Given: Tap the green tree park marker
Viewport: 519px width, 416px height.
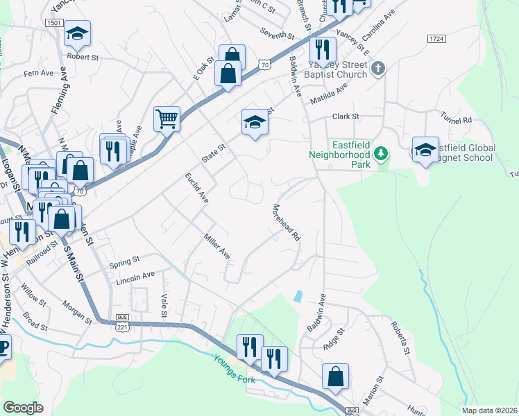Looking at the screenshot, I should click(380, 153).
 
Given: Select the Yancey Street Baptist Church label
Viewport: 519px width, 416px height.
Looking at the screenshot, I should click(334, 67).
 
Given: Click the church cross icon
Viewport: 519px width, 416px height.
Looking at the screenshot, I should click(377, 68).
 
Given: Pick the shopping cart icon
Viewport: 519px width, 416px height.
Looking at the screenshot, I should click(167, 119).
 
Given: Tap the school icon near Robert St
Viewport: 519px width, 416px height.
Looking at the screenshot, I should click(78, 33).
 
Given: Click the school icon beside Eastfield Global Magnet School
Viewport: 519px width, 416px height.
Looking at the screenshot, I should click(425, 150).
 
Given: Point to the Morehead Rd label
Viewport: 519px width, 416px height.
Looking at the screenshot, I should click(286, 222).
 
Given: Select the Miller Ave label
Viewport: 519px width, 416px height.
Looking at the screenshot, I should click(216, 246).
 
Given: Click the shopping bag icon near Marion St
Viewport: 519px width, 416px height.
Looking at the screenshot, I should click(335, 377).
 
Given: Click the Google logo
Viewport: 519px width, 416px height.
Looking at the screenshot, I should click(23, 408).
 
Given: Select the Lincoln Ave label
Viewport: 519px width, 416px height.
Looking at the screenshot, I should click(137, 277).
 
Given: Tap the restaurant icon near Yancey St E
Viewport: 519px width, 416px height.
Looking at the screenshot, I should click(323, 50).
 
